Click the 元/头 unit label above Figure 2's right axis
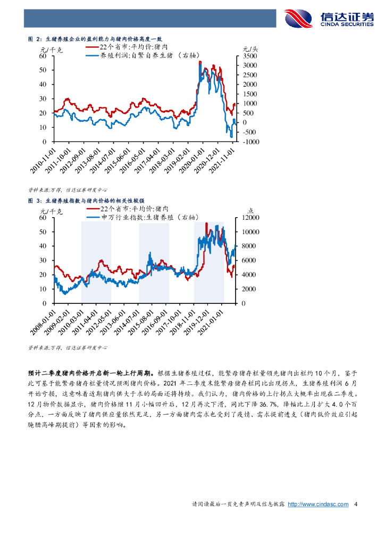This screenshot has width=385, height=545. (250, 48)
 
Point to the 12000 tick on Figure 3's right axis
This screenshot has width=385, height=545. (250, 218)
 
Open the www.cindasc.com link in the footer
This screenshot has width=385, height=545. (318, 504)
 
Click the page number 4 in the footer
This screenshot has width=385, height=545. (356, 504)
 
